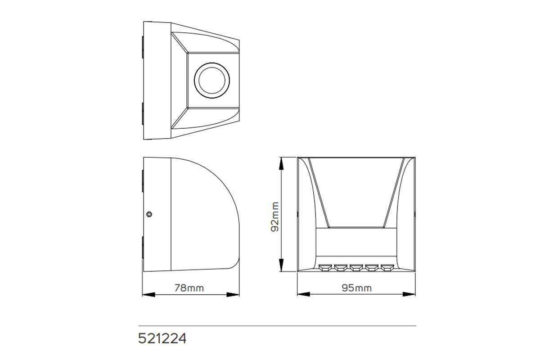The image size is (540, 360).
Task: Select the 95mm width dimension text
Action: point(356,288)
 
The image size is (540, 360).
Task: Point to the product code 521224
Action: point(162,338)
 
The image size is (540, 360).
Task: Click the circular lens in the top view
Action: point(212,80)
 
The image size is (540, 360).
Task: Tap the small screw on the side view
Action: point(149,214)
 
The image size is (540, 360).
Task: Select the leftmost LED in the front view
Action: point(324,268)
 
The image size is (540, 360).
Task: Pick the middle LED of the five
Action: point(356,268)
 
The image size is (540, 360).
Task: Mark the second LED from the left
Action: point(340,268)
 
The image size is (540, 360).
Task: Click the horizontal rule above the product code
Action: point(277,325)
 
